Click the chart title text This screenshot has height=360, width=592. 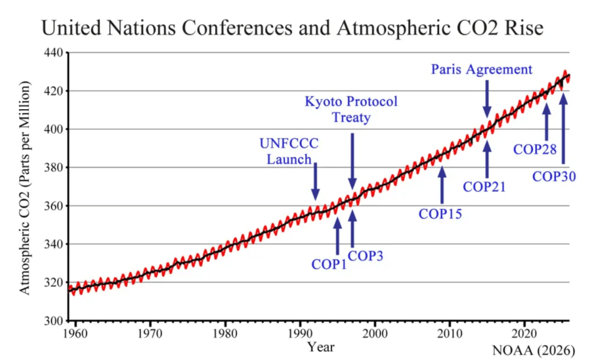click(292, 27)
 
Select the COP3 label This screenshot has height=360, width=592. click(365, 256)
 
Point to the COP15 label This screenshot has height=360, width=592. click(440, 214)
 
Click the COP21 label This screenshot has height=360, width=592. click(484, 186)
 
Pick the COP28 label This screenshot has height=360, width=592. click(535, 149)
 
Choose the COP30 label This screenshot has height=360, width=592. click(554, 176)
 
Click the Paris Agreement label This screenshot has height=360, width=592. click(481, 69)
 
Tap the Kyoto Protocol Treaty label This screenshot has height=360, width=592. click(351, 109)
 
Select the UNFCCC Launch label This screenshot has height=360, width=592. click(289, 151)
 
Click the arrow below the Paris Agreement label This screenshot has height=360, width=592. click(487, 98)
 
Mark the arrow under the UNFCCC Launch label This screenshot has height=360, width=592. click(315, 181)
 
